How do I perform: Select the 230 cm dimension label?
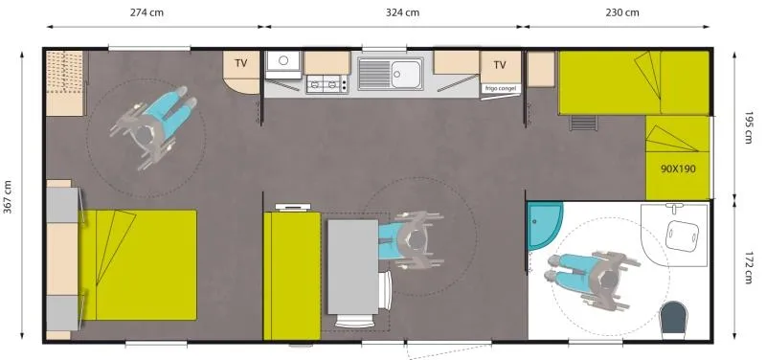click(622, 12)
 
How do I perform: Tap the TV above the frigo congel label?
click(500, 65)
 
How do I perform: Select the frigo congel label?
click(501, 88)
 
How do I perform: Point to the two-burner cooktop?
click(326, 85)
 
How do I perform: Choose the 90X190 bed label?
click(677, 168)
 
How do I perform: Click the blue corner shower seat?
click(544, 222)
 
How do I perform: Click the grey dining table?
click(352, 266)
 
